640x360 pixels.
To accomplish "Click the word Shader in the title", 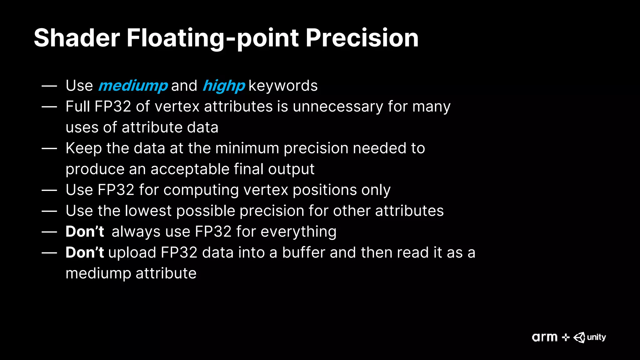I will click(x=77, y=38).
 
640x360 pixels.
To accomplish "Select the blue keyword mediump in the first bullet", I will click(x=133, y=86).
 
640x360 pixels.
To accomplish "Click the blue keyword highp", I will click(x=224, y=86).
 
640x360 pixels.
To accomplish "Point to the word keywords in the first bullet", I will click(x=283, y=86).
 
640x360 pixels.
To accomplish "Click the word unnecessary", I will click(x=338, y=107).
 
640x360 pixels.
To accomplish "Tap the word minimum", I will click(x=247, y=148).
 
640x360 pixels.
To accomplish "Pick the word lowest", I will click(x=148, y=211).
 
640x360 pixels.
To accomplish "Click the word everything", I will click(x=298, y=232).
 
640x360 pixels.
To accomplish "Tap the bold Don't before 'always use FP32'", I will click(x=85, y=232).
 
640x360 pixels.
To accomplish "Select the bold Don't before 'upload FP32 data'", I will click(x=85, y=252).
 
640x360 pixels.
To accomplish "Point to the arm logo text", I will click(x=544, y=337).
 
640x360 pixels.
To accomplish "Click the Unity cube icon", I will click(x=579, y=337).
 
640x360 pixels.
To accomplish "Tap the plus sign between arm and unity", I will click(x=565, y=337).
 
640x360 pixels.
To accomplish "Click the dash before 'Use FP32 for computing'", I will click(x=49, y=190).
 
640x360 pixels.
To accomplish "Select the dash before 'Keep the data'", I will click(x=49, y=148).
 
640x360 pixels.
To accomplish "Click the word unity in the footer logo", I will click(x=596, y=337).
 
